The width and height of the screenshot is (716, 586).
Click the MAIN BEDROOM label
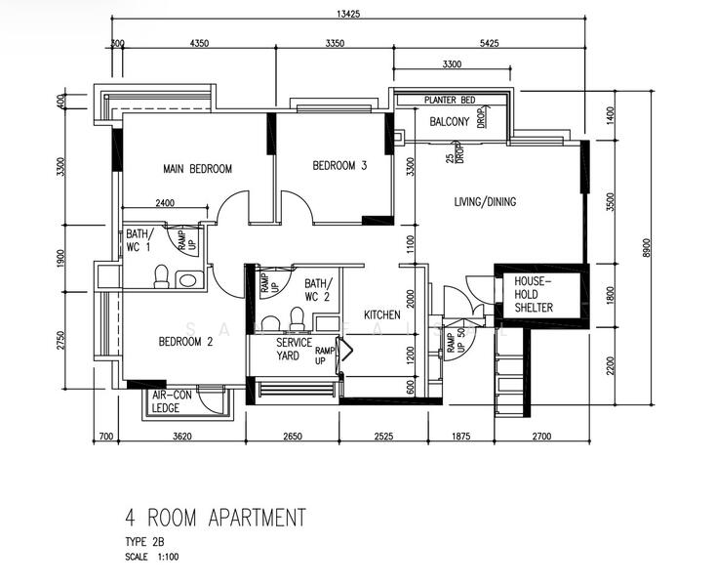point(197,169)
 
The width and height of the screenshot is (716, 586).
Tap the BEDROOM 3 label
point(339,166)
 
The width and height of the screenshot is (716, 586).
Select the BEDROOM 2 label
point(185,342)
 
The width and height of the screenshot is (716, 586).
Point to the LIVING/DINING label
point(485,202)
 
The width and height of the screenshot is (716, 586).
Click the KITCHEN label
point(382,315)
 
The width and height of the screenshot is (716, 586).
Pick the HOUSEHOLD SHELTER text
point(534,294)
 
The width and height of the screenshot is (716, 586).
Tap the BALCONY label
point(450,122)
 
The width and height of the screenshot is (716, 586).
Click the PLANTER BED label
point(450,101)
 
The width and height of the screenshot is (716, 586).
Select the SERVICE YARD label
point(294,350)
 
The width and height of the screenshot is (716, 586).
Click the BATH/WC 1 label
point(138,240)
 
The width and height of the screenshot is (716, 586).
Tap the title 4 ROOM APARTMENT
point(215,517)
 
